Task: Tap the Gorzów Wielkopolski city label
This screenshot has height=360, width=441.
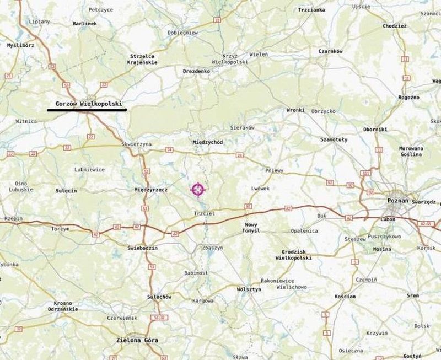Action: pos(88,103)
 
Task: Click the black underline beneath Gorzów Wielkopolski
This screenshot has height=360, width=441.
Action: pos(87,110)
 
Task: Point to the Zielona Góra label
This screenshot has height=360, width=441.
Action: pos(137,340)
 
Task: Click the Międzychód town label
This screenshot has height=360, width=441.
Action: pos(208,142)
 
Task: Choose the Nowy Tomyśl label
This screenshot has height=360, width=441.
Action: pos(251,228)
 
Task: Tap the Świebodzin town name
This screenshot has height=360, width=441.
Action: pos(142,248)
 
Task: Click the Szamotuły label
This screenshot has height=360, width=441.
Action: pos(334,140)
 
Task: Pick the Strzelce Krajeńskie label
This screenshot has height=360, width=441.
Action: pos(143,59)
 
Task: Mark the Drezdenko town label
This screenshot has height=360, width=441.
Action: pos(196,71)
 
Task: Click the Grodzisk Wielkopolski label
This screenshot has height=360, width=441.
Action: pos(293,255)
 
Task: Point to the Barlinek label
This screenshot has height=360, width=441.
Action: pos(84,24)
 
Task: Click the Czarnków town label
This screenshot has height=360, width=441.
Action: pos(331,51)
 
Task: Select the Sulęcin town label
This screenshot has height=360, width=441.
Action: pos(66,190)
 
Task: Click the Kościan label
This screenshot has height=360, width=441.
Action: pos(345,297)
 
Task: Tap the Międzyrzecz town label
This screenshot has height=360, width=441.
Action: pos(150,190)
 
